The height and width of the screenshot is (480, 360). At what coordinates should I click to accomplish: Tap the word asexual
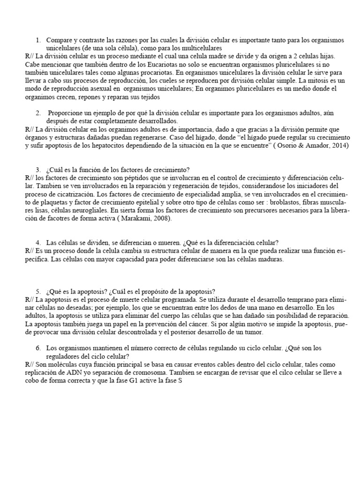(x=98, y=89)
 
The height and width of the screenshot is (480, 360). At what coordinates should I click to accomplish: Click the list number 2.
(x=37, y=113)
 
